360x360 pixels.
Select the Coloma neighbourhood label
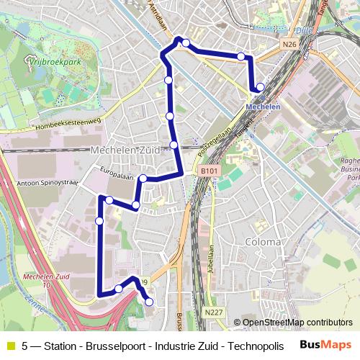click(263, 242)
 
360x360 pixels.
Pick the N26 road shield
click(289, 45)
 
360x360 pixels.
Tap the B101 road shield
click(209, 171)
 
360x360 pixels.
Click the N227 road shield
click(213, 312)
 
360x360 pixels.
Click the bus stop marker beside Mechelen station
click(260, 88)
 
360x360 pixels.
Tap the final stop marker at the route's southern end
click(149, 302)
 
